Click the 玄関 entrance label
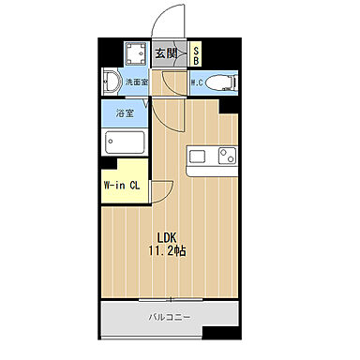click(x=165, y=52)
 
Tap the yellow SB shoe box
click(x=196, y=53)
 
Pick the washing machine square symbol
click(x=135, y=52)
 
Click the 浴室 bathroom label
click(x=125, y=113)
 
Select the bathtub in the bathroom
click(x=125, y=143)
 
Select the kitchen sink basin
click(x=200, y=155)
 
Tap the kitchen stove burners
click(x=226, y=155)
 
